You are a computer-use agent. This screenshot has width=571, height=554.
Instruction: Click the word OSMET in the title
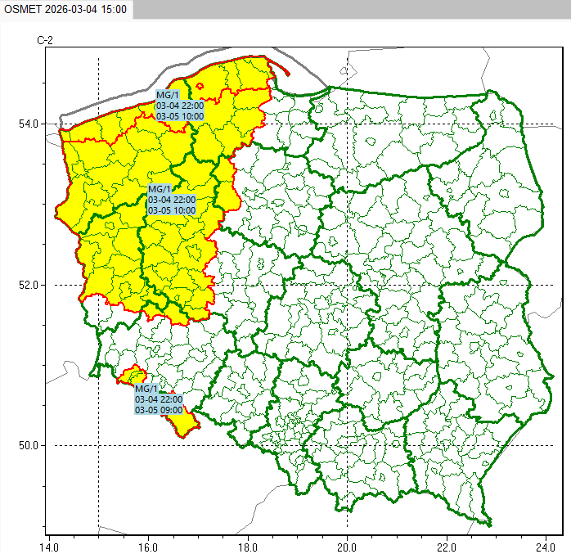click(22, 8)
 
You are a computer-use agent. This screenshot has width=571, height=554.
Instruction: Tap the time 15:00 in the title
click(114, 8)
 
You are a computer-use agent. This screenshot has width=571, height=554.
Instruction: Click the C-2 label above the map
click(46, 40)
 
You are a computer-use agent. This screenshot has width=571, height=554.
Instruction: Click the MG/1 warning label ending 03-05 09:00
click(159, 399)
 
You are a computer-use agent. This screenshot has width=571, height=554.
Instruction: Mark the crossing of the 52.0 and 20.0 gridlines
click(348, 285)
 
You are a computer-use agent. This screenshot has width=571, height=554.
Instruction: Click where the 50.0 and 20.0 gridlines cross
click(348, 446)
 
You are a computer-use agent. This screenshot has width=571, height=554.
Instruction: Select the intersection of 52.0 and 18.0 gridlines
click(248, 285)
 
